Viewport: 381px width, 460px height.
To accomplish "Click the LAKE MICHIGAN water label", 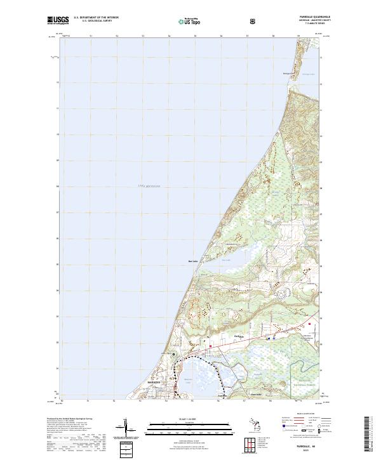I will coord(147,186).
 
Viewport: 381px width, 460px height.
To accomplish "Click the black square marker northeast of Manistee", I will coord(174,353).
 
